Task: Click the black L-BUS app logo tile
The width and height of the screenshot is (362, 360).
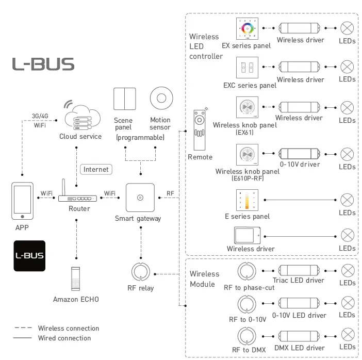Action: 29,256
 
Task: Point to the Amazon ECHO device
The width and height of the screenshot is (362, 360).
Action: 76,279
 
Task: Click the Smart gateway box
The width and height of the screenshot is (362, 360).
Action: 140,198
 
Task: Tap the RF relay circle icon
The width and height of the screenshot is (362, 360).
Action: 140,272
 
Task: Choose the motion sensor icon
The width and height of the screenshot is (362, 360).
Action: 160,99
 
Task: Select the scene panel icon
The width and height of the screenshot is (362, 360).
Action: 124,99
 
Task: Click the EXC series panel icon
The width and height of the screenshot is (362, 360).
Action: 246,68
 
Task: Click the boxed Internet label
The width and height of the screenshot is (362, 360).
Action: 96,169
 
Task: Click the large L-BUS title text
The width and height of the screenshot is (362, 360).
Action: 43,64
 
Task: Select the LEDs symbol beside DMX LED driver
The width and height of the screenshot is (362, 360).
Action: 348,336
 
